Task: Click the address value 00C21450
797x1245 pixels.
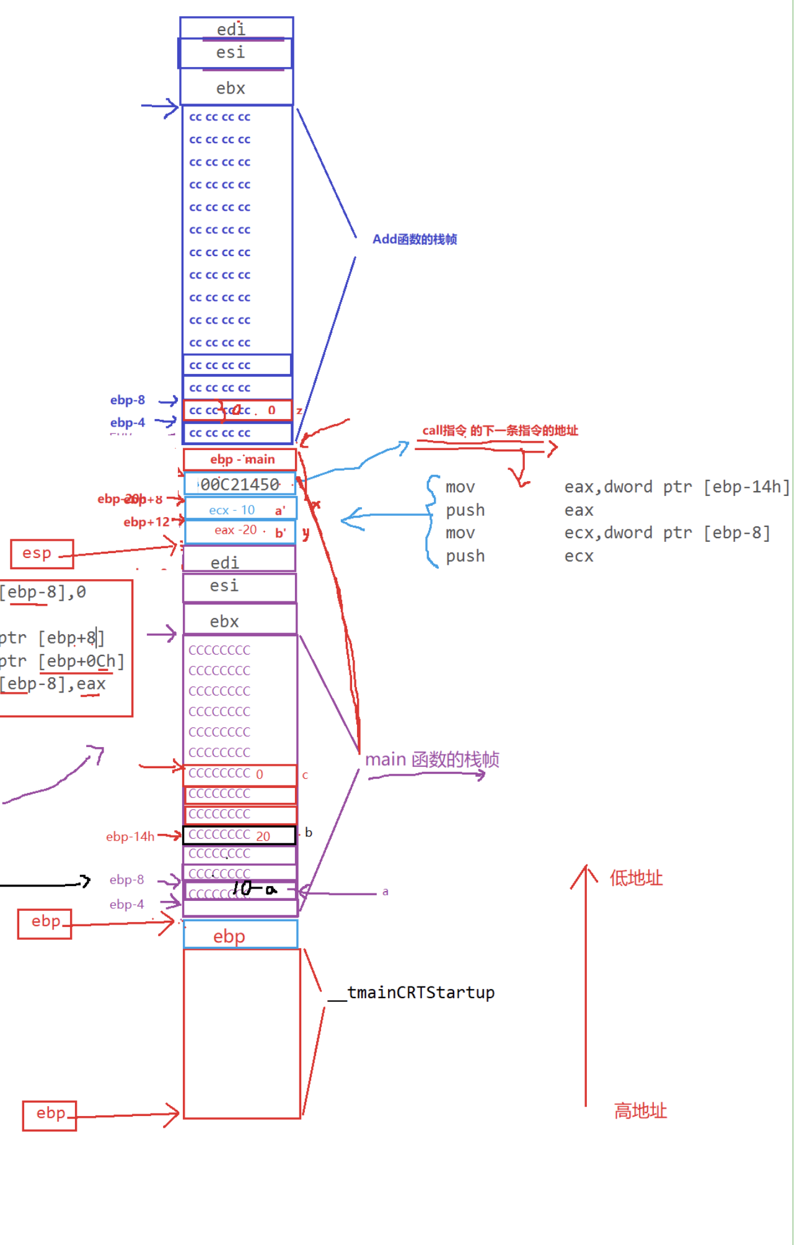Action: pos(240,485)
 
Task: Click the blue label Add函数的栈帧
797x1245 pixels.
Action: pos(414,239)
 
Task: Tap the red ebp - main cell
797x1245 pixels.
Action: pos(240,459)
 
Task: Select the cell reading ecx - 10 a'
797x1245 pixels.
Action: pos(240,510)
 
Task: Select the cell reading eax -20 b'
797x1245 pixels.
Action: pos(240,531)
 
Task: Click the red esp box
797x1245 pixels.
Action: pos(41,553)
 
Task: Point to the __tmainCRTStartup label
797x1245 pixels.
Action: pos(412,993)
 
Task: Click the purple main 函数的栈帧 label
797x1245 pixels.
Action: pos(432,760)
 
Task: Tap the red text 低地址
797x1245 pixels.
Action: pos(636,878)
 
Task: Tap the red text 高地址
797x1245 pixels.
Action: pos(640,1110)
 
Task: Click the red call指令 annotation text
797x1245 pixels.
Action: pos(500,431)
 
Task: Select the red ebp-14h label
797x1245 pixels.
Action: pos(130,836)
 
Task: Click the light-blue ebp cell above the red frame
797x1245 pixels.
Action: pos(240,935)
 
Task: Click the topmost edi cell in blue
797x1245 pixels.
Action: pos(236,29)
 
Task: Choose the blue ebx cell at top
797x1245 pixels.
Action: pos(236,88)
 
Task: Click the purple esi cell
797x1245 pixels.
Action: pos(239,587)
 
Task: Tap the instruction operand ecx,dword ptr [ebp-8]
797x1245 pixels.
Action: pos(667,533)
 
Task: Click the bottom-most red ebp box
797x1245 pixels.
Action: pos(50,1114)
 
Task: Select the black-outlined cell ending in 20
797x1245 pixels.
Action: pos(239,835)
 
